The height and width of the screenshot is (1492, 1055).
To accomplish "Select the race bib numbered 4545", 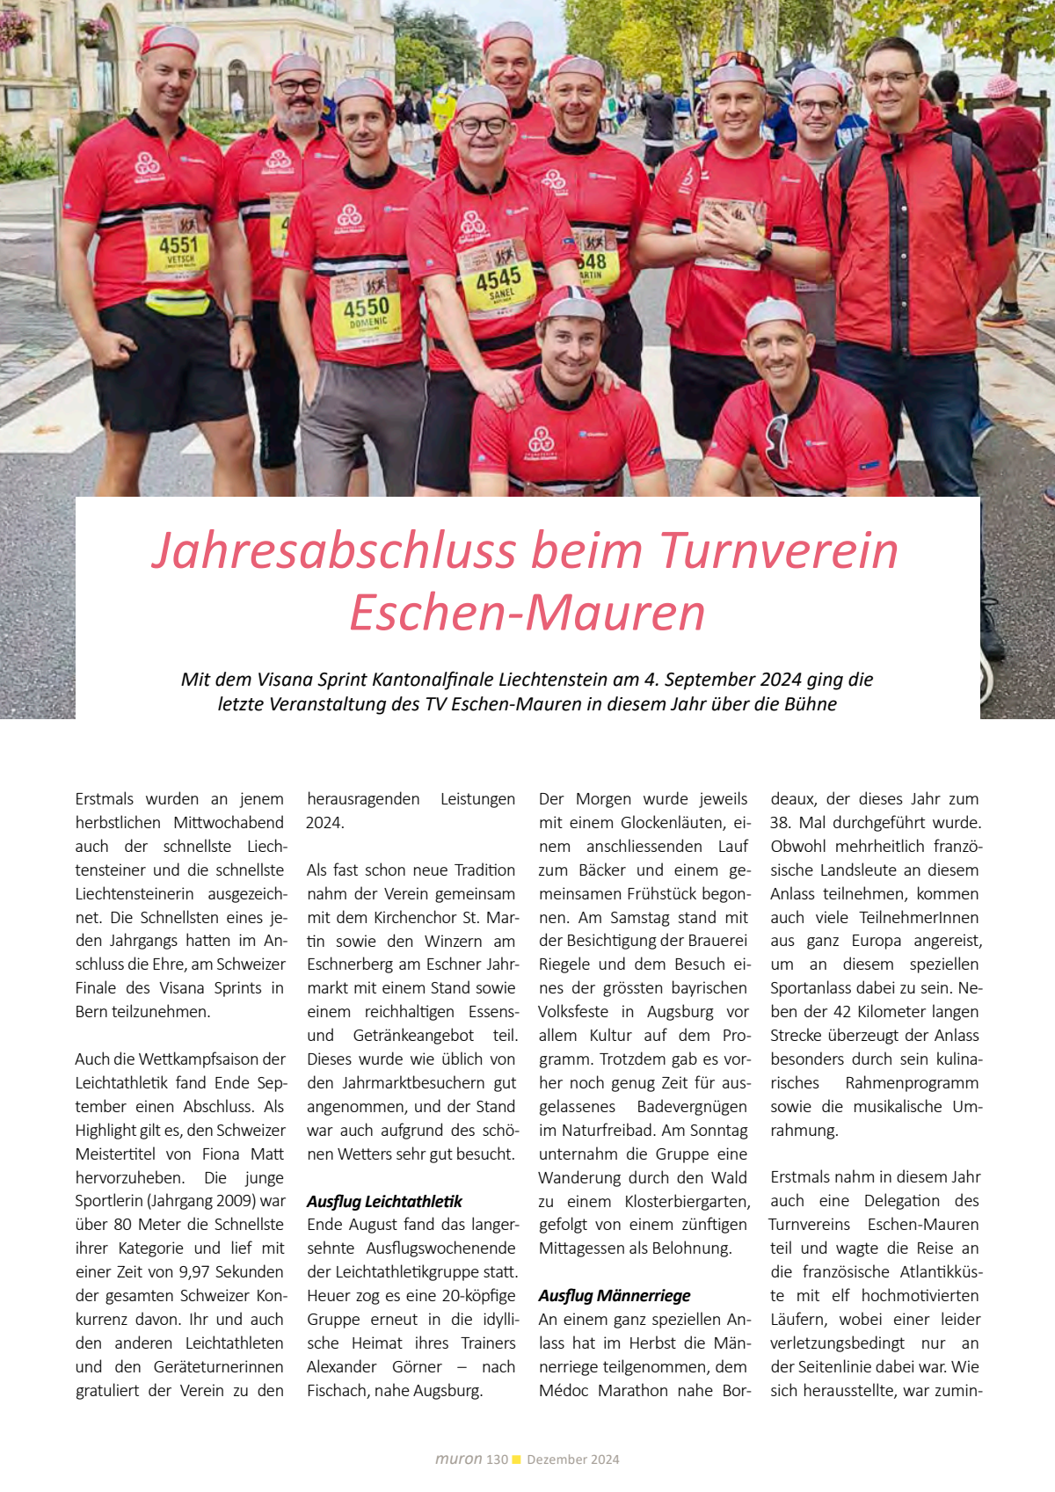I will [x=498, y=280].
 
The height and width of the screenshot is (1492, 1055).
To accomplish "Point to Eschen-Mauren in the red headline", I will [x=527, y=613].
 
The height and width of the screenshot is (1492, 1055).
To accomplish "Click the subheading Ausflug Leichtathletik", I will [x=384, y=1201].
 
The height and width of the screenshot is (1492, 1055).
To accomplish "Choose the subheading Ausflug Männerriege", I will [x=615, y=1295].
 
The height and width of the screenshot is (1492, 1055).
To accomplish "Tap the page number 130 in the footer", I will [x=497, y=1459].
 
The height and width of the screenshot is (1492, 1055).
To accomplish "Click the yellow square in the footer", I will [x=517, y=1459].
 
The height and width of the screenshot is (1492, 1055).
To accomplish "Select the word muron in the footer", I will [x=458, y=1459].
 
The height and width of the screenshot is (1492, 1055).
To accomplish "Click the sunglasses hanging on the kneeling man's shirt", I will [x=776, y=440].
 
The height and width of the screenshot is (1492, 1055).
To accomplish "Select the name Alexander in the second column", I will [x=341, y=1366].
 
